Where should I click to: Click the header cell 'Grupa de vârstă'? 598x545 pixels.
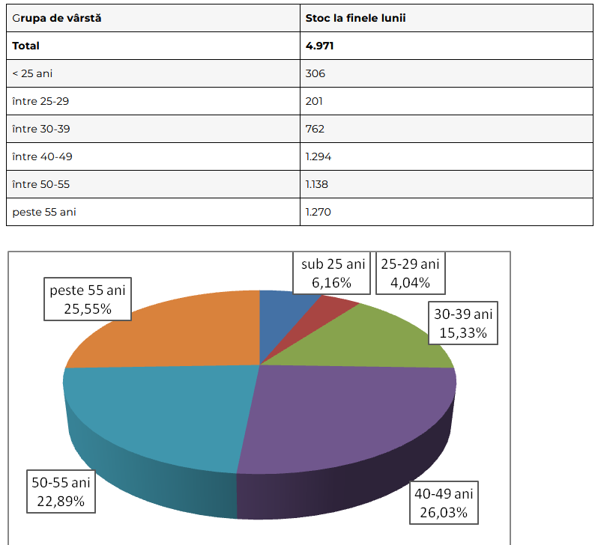pos(57,18)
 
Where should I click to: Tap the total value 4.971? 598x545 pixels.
pos(319,46)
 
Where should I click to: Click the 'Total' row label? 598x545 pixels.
pos(25,46)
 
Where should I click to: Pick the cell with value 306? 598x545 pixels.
pos(315,73)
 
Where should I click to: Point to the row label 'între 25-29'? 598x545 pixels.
pos(40,101)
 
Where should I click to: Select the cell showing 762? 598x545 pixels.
pos(315,129)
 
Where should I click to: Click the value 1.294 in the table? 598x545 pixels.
pos(318,156)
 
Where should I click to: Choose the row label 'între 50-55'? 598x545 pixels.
pos(41,184)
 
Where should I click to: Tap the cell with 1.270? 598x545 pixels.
pos(318,212)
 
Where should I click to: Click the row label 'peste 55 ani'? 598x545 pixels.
pos(44,212)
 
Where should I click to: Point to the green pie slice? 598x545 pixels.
pos(375,341)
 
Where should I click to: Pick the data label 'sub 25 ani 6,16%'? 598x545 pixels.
pos(333,273)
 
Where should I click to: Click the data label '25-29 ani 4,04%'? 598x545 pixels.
pos(410,273)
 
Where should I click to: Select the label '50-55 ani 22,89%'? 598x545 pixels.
pos(61,491)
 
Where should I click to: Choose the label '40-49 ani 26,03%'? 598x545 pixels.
pos(444,502)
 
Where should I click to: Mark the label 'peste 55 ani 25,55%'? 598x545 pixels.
pos(88,299)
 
